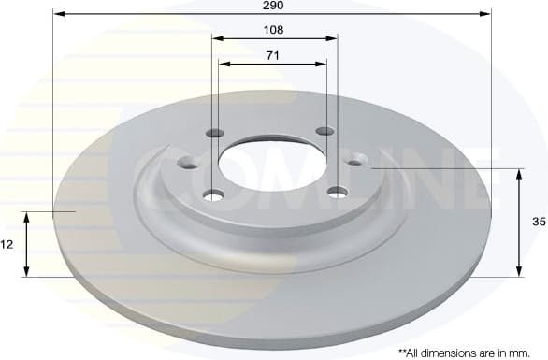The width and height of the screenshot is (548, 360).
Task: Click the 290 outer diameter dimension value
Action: [x=272, y=6]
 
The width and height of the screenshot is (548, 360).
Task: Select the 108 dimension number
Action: [x=273, y=30]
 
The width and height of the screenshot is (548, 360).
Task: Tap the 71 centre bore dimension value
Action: [x=272, y=56]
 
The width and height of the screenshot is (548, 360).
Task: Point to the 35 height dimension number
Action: [x=538, y=223]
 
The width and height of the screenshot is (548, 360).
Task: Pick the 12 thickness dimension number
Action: [x=7, y=245]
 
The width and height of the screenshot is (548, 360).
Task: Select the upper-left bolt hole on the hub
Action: [x=215, y=132]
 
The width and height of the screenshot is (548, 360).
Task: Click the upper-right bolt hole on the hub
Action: [x=324, y=131]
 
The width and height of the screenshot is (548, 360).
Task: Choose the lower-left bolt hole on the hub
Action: [x=214, y=194]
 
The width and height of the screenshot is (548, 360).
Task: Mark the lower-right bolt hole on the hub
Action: [x=335, y=194]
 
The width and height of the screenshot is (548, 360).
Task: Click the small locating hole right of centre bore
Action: [x=355, y=162]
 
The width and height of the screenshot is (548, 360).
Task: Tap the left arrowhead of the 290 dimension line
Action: [x=57, y=14]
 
